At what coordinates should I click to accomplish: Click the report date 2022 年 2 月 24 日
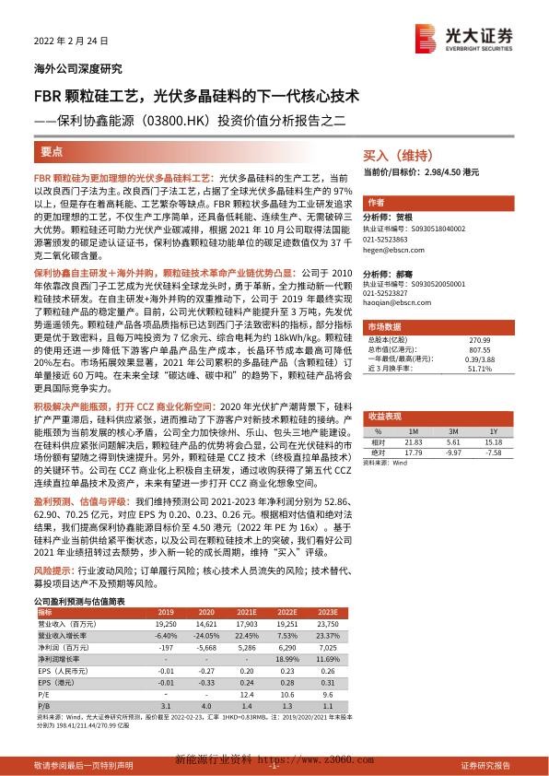pyautogui.click(x=65, y=42)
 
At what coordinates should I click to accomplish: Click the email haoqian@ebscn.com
pyautogui.click(x=391, y=300)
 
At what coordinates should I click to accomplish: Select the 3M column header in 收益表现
pyautogui.click(x=452, y=405)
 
